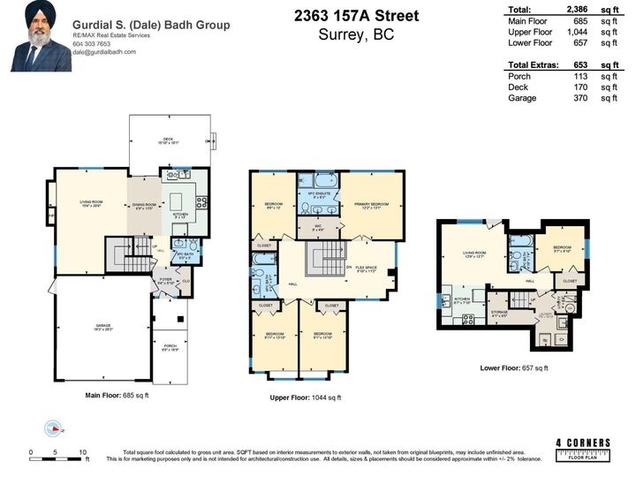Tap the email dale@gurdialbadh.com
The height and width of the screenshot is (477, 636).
pyautogui.click(x=110, y=52)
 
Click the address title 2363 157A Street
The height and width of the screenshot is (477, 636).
pyautogui.click(x=355, y=17)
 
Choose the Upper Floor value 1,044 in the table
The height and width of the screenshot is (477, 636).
pyautogui.click(x=576, y=32)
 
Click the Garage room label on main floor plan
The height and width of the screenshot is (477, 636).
pyautogui.click(x=103, y=326)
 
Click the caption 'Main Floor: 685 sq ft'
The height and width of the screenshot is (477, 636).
pyautogui.click(x=117, y=395)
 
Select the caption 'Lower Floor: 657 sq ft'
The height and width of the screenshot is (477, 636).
pyautogui.click(x=514, y=367)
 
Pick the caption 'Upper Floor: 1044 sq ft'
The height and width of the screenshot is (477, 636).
pyautogui.click(x=307, y=398)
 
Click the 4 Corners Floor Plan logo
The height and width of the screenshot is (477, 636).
pyautogui.click(x=582, y=448)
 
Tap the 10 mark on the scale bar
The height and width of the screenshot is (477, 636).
pyautogui.click(x=82, y=451)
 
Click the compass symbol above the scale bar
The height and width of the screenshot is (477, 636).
pyautogui.click(x=55, y=429)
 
